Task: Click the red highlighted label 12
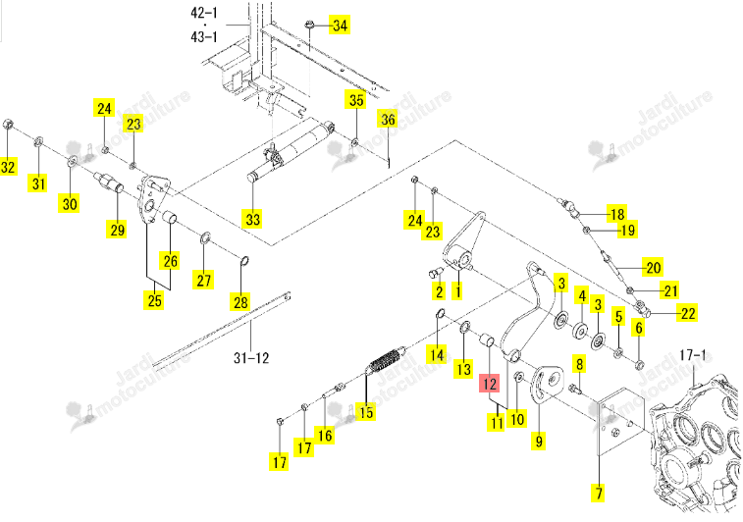click(x=489, y=384)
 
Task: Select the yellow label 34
click(x=340, y=26)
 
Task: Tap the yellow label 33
click(x=253, y=220)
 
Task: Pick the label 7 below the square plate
click(x=599, y=493)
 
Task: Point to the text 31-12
click(x=251, y=357)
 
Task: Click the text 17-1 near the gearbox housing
click(x=693, y=355)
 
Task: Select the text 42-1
click(x=204, y=13)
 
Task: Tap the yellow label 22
click(x=688, y=313)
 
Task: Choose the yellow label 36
click(x=388, y=119)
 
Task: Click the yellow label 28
click(x=240, y=302)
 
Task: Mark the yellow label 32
click(x=8, y=167)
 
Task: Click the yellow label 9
click(x=538, y=441)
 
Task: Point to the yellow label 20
click(x=653, y=268)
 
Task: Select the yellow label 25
click(x=154, y=300)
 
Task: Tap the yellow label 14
click(x=437, y=354)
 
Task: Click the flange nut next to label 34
click(x=309, y=24)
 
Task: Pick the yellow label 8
click(x=579, y=364)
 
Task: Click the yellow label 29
click(x=118, y=230)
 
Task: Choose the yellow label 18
click(x=617, y=214)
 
